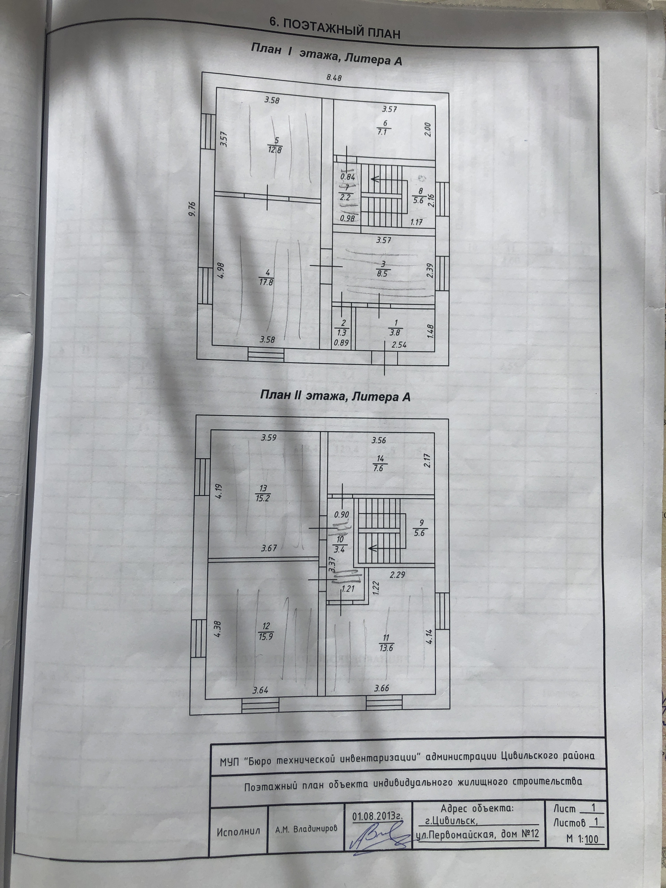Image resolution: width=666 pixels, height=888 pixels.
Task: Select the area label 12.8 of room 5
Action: (x=275, y=150)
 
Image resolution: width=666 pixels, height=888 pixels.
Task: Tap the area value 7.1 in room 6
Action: (x=382, y=132)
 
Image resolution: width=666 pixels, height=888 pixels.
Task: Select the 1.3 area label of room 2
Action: (x=342, y=332)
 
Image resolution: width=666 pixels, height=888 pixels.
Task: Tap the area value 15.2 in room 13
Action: (x=263, y=498)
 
